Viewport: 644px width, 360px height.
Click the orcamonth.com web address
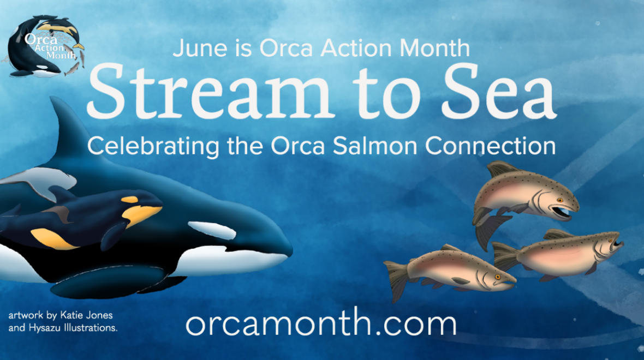(x=321, y=324)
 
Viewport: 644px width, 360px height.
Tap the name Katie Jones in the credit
(x=87, y=316)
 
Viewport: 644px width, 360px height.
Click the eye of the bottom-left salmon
(x=497, y=277)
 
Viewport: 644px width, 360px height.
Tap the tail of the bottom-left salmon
(x=398, y=278)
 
